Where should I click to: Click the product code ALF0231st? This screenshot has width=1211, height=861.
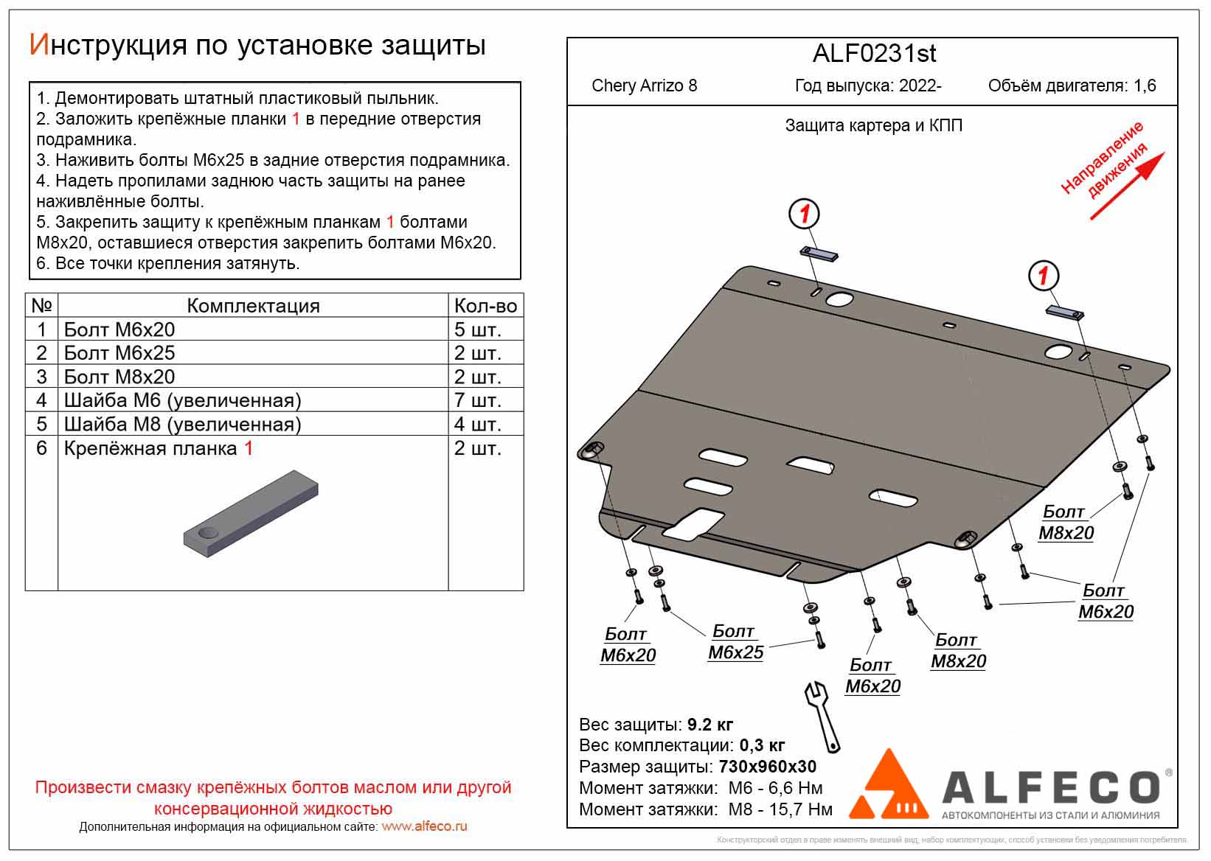[874, 54]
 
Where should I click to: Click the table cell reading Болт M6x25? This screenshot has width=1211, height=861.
[119, 353]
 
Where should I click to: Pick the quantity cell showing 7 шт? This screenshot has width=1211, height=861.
[477, 400]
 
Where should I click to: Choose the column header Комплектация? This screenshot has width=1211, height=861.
[253, 306]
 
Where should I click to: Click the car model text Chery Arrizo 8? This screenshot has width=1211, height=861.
[644, 86]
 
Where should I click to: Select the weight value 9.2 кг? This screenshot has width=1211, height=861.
[709, 725]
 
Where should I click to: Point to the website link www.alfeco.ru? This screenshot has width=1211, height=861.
[424, 826]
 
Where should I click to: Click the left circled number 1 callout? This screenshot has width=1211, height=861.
[805, 215]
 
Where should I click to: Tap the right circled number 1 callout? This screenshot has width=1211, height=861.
[1043, 276]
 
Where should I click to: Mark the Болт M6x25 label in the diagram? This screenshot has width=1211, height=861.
[735, 642]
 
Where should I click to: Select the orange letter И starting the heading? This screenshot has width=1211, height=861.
[38, 46]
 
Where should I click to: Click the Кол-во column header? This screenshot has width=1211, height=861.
[485, 306]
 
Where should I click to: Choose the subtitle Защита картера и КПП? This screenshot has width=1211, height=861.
[873, 126]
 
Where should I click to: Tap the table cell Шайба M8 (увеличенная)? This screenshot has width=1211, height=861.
[182, 425]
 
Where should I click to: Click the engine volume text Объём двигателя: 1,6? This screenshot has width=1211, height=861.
[1072, 86]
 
